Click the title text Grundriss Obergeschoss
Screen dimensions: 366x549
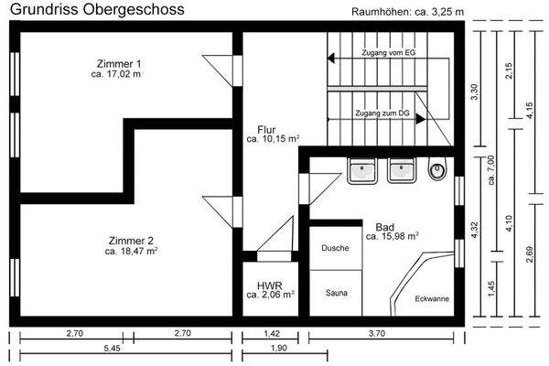(x=96, y=9)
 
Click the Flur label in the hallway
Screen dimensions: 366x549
(x=266, y=129)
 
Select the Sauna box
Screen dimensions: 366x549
(x=336, y=294)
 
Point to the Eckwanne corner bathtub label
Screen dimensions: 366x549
(x=431, y=298)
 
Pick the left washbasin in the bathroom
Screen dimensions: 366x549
(x=361, y=169)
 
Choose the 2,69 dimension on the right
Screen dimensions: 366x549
(x=532, y=255)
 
